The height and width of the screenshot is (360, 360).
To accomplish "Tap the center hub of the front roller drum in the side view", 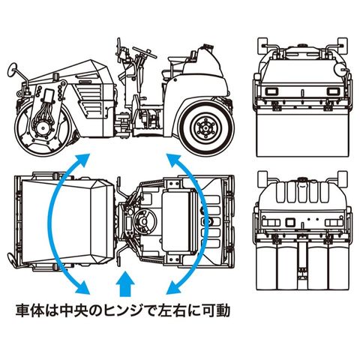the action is pyautogui.click(x=43, y=128).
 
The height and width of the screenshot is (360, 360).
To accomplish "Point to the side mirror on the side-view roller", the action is pyautogui.click(x=12, y=70).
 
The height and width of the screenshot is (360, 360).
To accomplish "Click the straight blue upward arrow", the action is pyautogui.click(x=125, y=284).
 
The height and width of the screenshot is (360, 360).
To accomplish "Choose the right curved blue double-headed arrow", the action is pyautogui.click(x=207, y=223).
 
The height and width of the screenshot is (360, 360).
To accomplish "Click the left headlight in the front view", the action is pyautogui.click(x=271, y=91).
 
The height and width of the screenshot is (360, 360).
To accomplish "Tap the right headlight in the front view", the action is pyautogui.click(x=333, y=91).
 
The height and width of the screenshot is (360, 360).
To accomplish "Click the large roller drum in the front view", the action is pyautogui.click(x=302, y=133).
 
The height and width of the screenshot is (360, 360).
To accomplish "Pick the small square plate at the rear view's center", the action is pyautogui.click(x=290, y=222).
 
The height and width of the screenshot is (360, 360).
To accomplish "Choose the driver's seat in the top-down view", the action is pyautogui.click(x=178, y=220).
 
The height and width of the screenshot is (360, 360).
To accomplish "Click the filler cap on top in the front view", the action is pyautogui.click(x=302, y=46).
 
